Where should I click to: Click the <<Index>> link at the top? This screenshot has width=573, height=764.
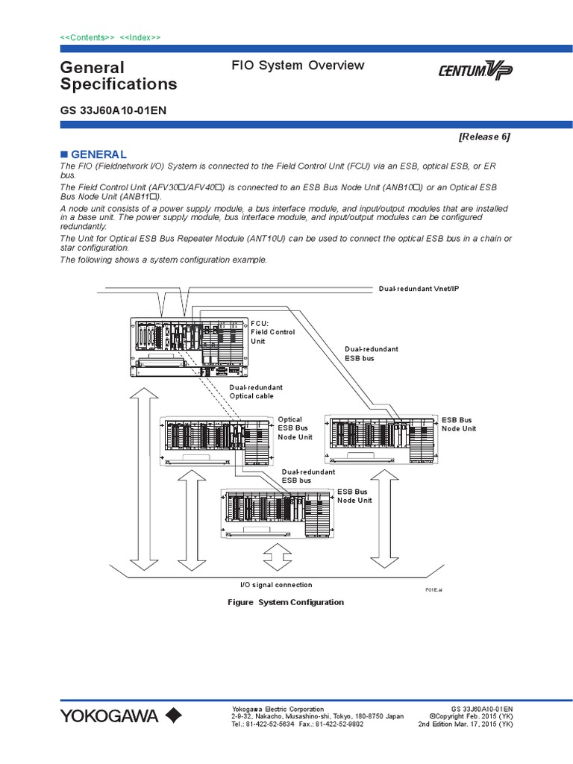[140, 37]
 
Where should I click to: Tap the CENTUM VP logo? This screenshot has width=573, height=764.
[475, 72]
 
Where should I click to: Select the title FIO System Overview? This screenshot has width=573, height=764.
[298, 66]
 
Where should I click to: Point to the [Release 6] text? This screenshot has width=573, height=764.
[484, 137]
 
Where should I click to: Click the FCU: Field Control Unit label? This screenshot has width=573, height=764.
[272, 332]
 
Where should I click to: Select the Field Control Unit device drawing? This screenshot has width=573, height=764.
[188, 346]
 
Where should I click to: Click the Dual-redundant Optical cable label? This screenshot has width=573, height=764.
[256, 392]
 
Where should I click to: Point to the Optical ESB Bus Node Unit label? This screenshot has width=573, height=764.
[295, 428]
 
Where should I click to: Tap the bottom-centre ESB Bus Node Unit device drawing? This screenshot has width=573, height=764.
[277, 513]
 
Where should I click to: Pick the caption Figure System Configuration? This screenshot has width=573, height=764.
[286, 602]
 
